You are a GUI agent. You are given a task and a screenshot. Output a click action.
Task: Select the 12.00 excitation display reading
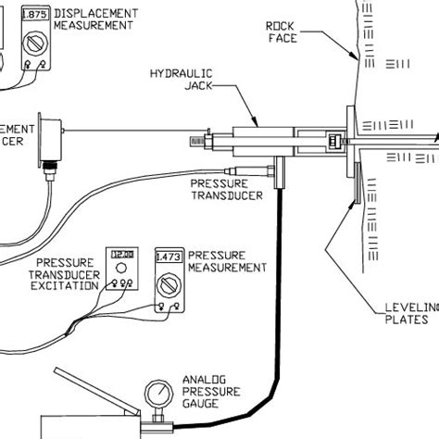coord(120,253)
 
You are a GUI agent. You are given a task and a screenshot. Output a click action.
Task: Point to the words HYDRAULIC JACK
coord(180,79)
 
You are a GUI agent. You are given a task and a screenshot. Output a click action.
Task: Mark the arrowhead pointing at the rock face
coord(356,59)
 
